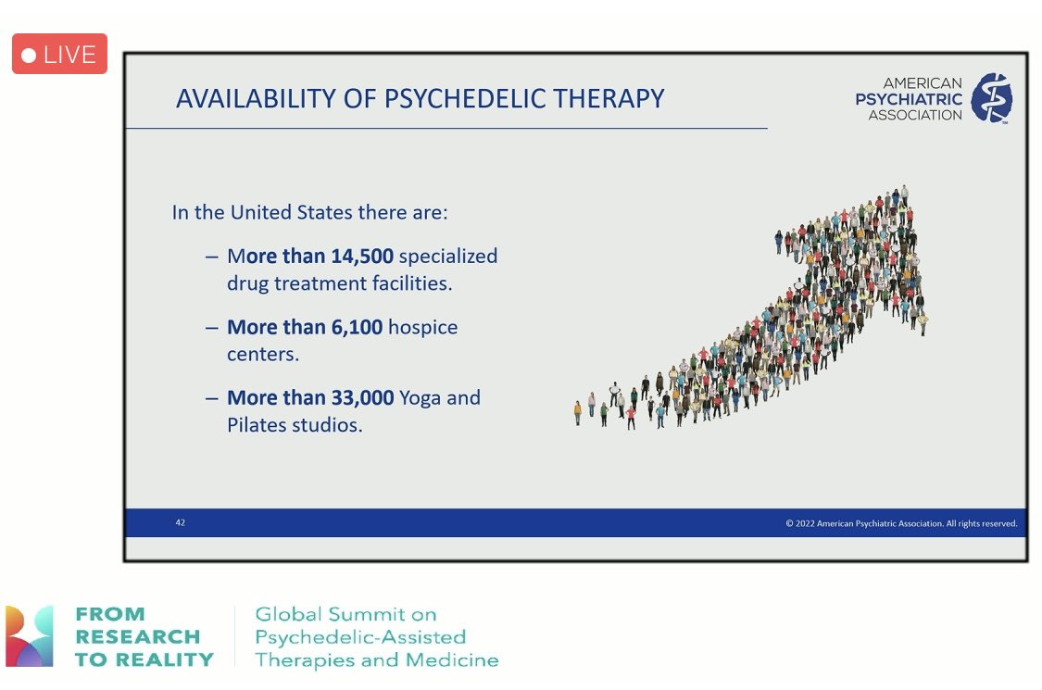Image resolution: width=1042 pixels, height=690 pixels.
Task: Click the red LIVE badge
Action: pos(59,55)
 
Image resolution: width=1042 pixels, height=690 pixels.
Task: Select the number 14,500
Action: pos(362,256)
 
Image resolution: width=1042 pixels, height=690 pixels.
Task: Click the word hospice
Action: pos(422,327)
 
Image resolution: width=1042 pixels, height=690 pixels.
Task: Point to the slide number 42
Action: pos(180,523)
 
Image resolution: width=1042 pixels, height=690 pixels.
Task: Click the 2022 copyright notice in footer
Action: pos(900,523)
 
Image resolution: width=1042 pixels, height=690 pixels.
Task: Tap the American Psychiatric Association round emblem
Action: pos(990,98)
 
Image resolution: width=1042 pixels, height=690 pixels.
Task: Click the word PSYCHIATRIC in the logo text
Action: pos(908,99)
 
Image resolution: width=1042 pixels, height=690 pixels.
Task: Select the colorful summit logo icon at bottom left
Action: pos(30,636)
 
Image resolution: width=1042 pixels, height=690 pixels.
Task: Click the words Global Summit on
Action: pos(345,614)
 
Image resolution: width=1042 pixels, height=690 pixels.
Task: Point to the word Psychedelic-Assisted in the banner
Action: pos(359,637)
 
